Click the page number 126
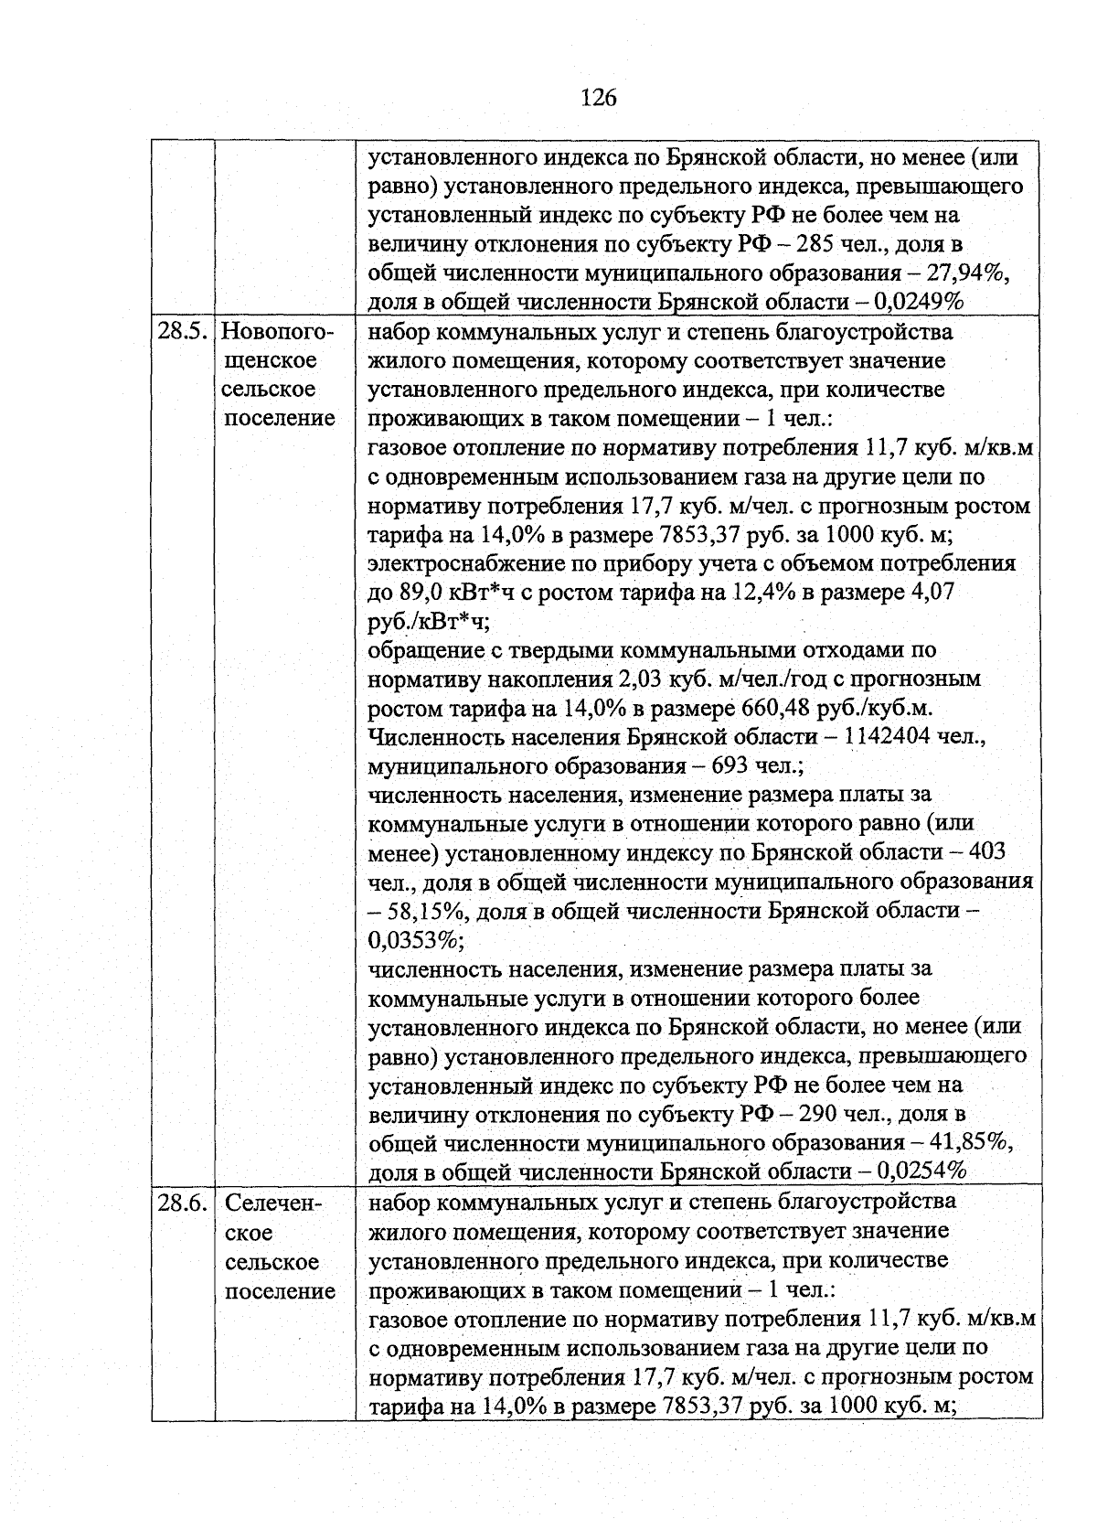click(x=599, y=97)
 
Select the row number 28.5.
click(x=183, y=331)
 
